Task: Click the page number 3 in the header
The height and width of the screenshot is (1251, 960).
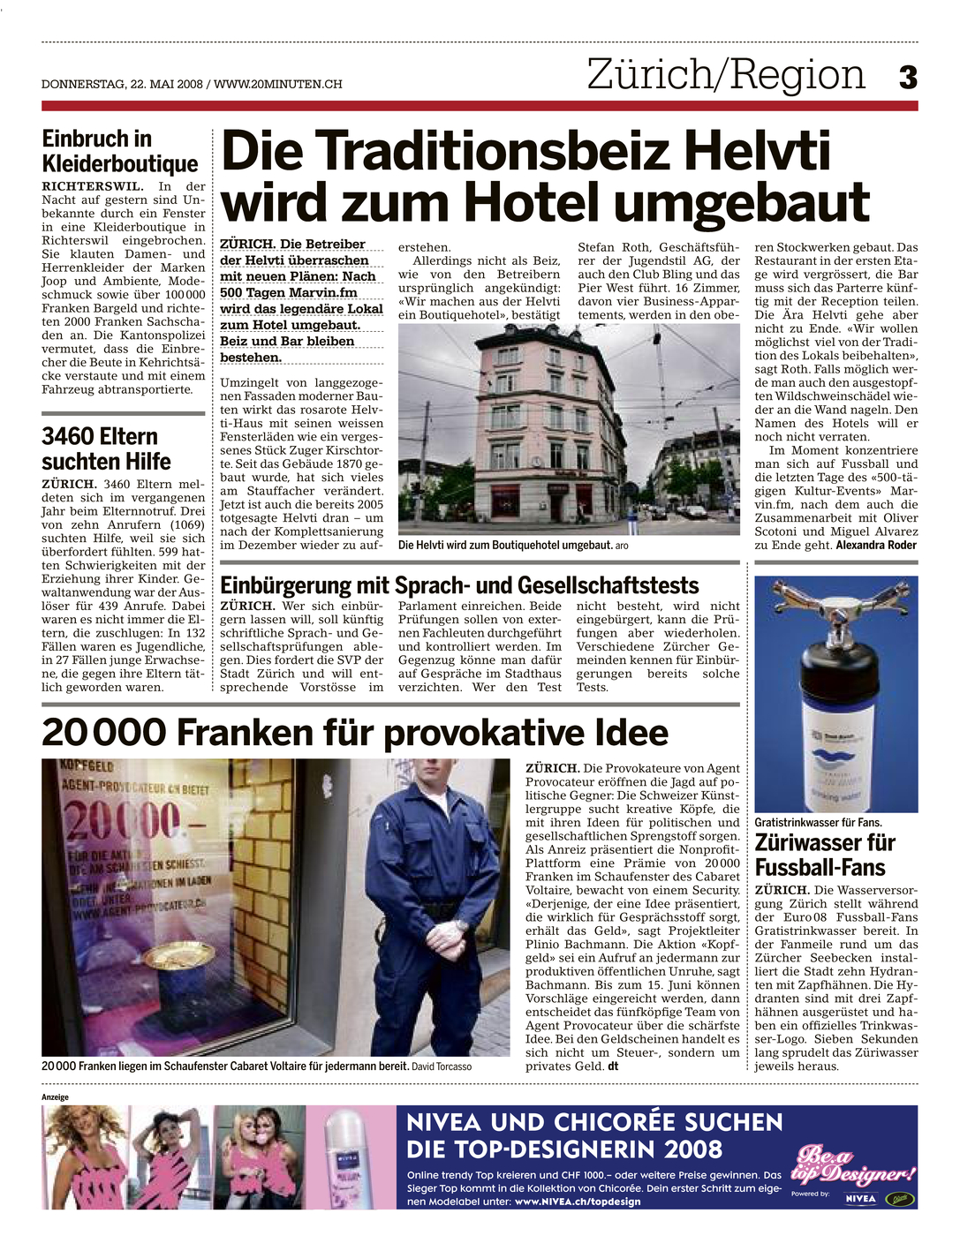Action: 908,78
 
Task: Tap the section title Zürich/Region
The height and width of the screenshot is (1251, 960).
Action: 726,74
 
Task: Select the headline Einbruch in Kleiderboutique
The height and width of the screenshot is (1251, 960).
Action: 120,152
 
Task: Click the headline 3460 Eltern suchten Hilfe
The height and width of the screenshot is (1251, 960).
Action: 106,449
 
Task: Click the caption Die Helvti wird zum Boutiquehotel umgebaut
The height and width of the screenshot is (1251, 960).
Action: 505,546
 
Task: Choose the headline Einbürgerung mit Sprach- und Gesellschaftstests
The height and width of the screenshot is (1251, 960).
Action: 459,585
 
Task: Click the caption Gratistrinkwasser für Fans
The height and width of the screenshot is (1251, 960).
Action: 818,823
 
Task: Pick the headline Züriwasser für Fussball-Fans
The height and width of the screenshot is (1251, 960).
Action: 825,855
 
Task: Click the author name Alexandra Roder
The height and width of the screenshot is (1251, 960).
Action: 876,546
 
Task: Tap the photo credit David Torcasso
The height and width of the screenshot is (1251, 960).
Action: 442,1066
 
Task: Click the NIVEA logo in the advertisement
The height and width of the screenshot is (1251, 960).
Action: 860,1199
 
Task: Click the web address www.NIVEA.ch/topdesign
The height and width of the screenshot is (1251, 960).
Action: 578,1202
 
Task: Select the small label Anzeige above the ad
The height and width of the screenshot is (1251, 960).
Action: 55,1097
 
